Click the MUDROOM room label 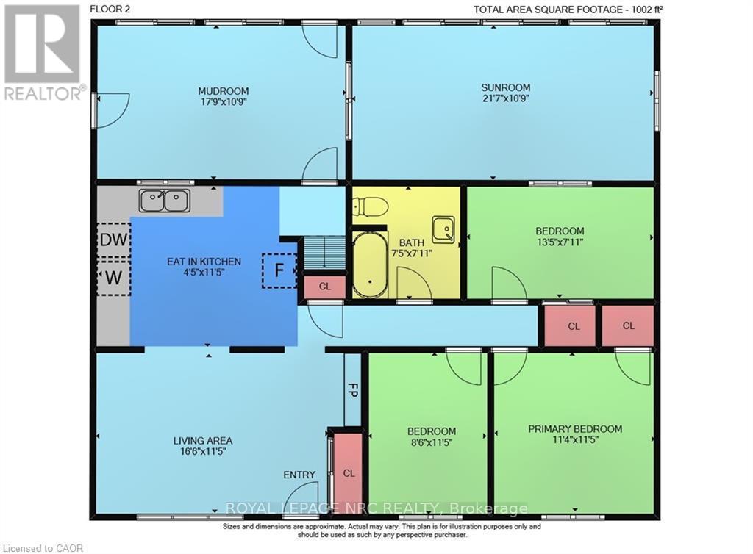[x=224, y=90]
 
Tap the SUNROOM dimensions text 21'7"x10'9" [x=506, y=98]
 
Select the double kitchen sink [x=165, y=201]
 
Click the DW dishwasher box [x=114, y=240]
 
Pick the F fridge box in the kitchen [x=279, y=270]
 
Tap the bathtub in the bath [x=370, y=265]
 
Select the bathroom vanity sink [x=443, y=229]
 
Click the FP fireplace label [x=352, y=389]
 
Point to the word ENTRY [x=299, y=475]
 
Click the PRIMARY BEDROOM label [x=575, y=429]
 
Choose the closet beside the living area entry [x=348, y=473]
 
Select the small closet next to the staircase [x=324, y=287]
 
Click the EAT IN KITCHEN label [x=204, y=262]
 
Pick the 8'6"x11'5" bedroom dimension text [x=431, y=442]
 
